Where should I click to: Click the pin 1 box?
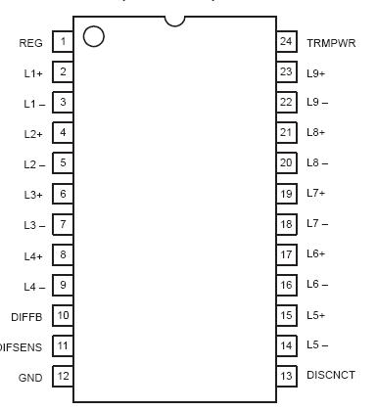click(x=63, y=42)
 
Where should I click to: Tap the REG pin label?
click(x=30, y=43)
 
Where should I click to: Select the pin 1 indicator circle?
click(x=94, y=37)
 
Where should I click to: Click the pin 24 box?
click(x=287, y=42)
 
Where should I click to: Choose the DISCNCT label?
click(x=331, y=375)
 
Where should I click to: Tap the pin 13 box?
click(x=287, y=376)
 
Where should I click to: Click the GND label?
click(x=30, y=377)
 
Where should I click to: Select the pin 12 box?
click(x=63, y=376)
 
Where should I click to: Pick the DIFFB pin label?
click(x=26, y=316)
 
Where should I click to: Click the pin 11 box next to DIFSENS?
click(x=63, y=345)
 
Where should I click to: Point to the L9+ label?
click(x=316, y=73)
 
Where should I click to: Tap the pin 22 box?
click(x=287, y=103)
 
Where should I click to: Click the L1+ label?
click(x=32, y=73)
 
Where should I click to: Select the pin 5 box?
click(x=63, y=163)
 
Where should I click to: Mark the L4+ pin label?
click(x=32, y=255)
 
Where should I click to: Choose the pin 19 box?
click(x=287, y=194)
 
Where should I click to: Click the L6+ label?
click(x=316, y=254)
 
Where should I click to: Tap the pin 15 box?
click(x=287, y=315)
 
